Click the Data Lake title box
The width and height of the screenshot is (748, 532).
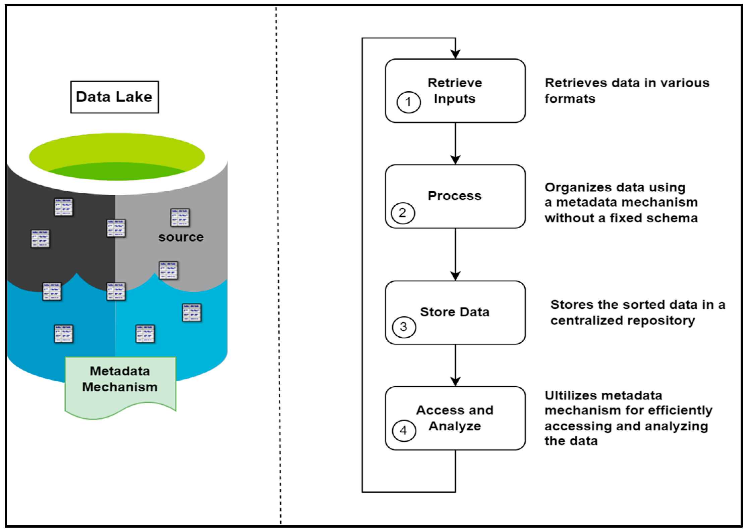[114, 97]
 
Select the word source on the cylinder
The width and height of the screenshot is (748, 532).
[181, 237]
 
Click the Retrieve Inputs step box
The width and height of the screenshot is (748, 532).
[455, 91]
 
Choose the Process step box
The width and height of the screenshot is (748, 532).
[455, 196]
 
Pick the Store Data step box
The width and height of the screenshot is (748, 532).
[455, 312]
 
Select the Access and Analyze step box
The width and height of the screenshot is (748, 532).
[455, 418]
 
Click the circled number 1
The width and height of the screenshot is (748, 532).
[408, 102]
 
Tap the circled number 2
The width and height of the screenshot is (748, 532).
[403, 213]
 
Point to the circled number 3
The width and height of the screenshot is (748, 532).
[404, 327]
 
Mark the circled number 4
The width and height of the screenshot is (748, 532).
[404, 431]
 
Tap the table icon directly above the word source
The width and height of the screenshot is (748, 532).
[180, 217]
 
